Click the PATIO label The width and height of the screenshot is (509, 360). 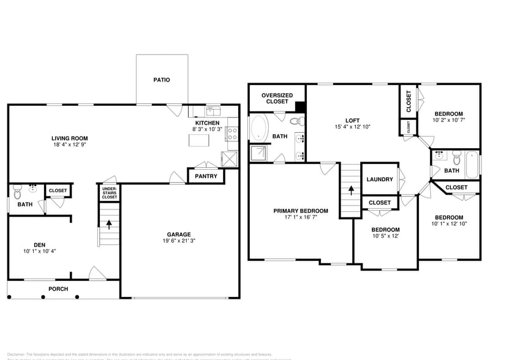(x=162, y=80)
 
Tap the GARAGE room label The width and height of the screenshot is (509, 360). (x=179, y=234)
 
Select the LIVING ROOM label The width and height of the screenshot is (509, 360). (x=69, y=138)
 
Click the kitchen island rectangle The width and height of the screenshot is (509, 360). (x=198, y=141)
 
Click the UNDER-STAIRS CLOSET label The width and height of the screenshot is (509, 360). (x=109, y=192)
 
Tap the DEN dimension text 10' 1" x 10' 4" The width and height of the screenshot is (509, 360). (x=39, y=251)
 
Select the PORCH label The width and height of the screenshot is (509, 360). (x=58, y=289)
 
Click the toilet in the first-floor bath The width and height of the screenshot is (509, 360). (x=17, y=189)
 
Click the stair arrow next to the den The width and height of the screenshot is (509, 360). (x=109, y=223)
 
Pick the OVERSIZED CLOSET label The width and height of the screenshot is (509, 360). (x=277, y=98)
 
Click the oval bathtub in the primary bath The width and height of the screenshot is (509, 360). (x=258, y=129)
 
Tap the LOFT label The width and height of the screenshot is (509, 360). (x=352, y=120)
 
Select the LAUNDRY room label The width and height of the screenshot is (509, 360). (x=380, y=179)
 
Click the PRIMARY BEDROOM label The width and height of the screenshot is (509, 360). (x=300, y=211)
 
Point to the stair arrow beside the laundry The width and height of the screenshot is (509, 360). (x=350, y=189)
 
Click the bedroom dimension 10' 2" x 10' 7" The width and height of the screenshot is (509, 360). (x=449, y=121)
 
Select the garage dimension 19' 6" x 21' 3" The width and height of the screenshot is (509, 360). (x=179, y=241)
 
